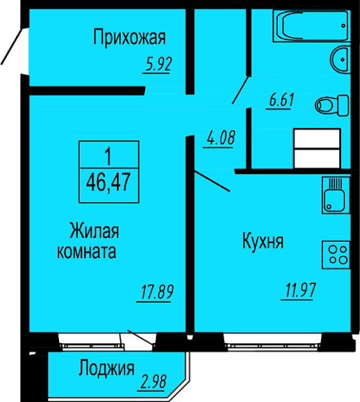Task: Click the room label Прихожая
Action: tap(129, 38)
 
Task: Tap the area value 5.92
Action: tap(158, 64)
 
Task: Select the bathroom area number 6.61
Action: tap(281, 100)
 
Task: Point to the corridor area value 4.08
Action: tap(221, 138)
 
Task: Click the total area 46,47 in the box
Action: tap(109, 182)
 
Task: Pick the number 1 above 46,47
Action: tap(109, 156)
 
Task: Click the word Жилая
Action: tap(94, 231)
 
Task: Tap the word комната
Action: tap(87, 251)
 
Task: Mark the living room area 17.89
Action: tap(157, 291)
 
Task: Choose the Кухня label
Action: tap(263, 241)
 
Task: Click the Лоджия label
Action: tap(106, 369)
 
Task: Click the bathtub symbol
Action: tap(312, 26)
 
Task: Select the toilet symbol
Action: tap(332, 105)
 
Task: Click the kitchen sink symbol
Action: tap(336, 195)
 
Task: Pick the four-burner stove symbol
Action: tap(336, 255)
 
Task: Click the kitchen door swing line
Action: tap(212, 181)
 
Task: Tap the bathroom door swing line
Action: tap(241, 90)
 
